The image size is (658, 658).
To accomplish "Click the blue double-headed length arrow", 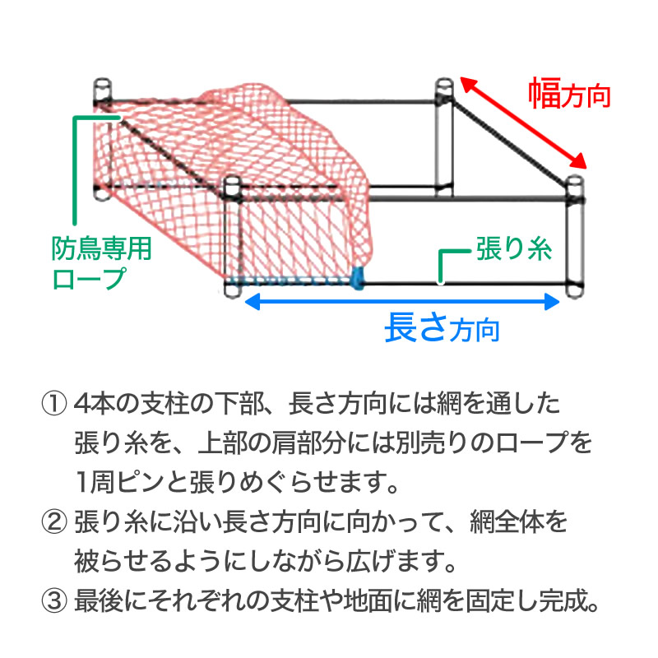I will coord(403,302).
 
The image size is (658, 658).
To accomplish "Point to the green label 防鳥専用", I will coord(102,249).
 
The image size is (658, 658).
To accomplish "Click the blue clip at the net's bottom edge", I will coord(358,277).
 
